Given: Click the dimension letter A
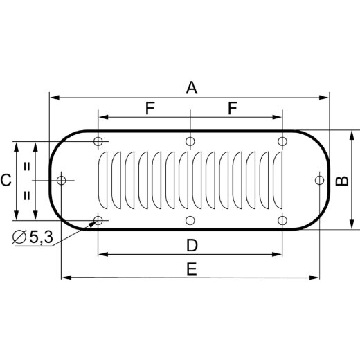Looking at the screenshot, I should [191, 88].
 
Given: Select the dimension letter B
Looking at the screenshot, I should [341, 181].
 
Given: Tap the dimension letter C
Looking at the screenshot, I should [6, 181].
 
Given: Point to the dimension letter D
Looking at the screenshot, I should [192, 245].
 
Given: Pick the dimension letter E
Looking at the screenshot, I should [192, 269].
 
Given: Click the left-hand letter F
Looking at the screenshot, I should [150, 108].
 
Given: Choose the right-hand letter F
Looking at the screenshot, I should [233, 108].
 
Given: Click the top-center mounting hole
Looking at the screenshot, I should [190, 142].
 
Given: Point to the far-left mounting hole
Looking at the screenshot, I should [62, 181].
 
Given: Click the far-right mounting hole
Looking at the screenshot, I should [318, 181].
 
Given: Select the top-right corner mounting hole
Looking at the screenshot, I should [282, 142].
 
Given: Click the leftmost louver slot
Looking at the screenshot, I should [104, 181].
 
